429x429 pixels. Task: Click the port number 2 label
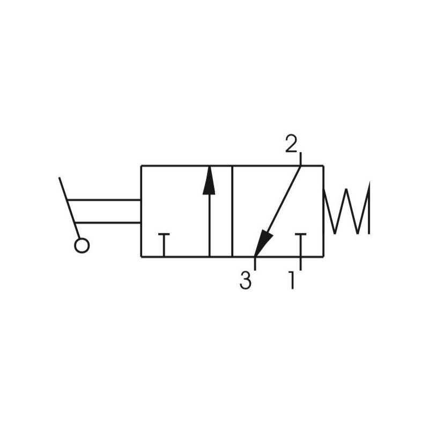tap(291, 144)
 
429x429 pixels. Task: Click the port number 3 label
tap(246, 280)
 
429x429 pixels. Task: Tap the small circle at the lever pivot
tap(82, 246)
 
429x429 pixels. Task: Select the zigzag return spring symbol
tap(346, 208)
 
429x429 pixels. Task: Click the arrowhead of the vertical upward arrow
tap(209, 181)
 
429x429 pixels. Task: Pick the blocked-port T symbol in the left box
tap(164, 245)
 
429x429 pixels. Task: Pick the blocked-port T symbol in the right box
tap(300, 245)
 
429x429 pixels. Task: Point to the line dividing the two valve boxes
tap(232, 211)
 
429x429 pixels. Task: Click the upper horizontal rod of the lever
tap(104, 200)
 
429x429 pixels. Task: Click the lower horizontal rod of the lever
tap(108, 223)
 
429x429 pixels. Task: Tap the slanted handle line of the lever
tap(70, 208)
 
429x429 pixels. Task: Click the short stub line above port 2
tap(300, 159)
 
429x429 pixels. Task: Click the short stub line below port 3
tap(255, 263)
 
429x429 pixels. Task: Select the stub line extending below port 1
tap(300, 263)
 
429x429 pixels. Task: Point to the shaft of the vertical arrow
tap(209, 226)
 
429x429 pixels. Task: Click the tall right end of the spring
tap(369, 208)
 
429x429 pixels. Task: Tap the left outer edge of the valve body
tap(141, 211)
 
